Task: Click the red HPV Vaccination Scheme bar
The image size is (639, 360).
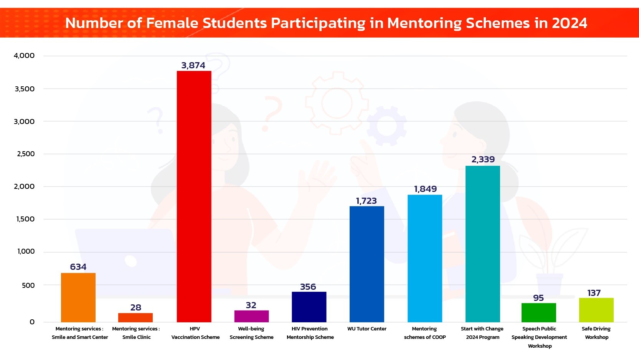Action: tap(194, 196)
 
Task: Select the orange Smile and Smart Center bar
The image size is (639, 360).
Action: tap(78, 297)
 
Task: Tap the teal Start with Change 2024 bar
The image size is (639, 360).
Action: tap(482, 244)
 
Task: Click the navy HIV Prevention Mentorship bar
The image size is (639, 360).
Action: tap(309, 307)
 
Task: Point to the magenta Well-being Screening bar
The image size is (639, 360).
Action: tap(251, 316)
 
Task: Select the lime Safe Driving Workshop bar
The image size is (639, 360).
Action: tap(596, 310)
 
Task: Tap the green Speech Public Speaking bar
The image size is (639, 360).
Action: tap(538, 312)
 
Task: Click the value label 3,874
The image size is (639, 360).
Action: tap(193, 66)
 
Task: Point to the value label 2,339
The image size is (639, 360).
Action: tap(483, 159)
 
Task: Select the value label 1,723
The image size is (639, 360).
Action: tap(366, 201)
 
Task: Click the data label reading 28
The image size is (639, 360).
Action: tap(135, 307)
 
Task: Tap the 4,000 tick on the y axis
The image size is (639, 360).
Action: tap(24, 56)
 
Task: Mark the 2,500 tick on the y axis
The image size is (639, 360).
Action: tap(26, 154)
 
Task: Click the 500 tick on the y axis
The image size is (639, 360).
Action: tap(28, 285)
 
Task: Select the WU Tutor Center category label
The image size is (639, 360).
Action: tap(367, 329)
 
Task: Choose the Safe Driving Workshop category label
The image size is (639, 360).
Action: tap(596, 333)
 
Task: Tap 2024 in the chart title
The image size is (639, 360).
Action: tap(569, 23)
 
